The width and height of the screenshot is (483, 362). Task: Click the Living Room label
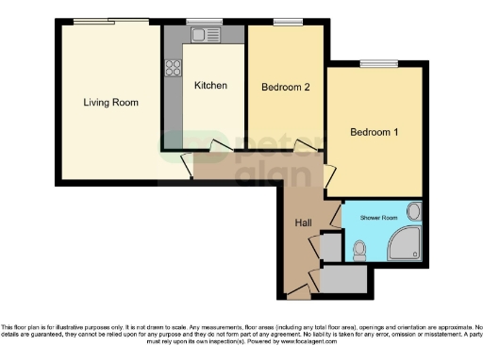click(110, 102)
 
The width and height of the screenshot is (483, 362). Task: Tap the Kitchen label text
click(210, 86)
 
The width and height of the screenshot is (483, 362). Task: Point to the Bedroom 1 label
click(374, 132)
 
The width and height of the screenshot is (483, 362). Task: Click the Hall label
click(304, 222)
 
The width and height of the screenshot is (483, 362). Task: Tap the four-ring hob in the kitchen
click(174, 68)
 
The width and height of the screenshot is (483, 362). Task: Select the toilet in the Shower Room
click(358, 250)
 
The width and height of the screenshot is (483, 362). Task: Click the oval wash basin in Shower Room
click(413, 211)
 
